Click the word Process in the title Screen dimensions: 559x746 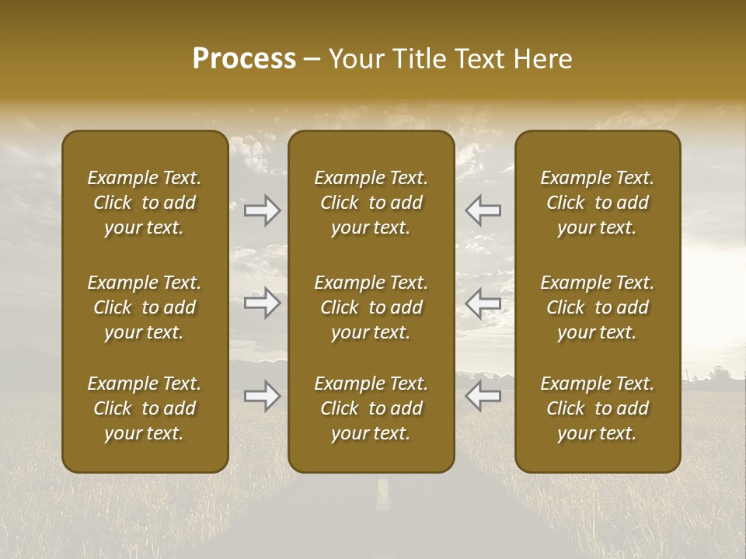coord(244,59)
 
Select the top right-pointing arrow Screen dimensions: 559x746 coord(263,210)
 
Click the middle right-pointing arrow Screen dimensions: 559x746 coord(263,303)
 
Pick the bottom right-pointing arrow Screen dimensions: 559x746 coord(263,396)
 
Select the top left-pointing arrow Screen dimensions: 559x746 coord(483,210)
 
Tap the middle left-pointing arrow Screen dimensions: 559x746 coord(483,303)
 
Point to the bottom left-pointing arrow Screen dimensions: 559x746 coord(483,396)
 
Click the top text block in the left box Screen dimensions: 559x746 coord(145,203)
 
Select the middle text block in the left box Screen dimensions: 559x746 coord(145,307)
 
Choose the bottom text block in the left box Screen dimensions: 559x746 coord(145,408)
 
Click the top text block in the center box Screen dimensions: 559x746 coord(371,203)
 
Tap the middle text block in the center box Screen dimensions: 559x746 coord(371,307)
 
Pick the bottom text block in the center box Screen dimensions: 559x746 coord(371,408)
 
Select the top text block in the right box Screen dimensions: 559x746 coord(597,203)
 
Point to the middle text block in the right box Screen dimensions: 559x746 coord(597,307)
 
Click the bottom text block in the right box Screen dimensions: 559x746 coord(597,408)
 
